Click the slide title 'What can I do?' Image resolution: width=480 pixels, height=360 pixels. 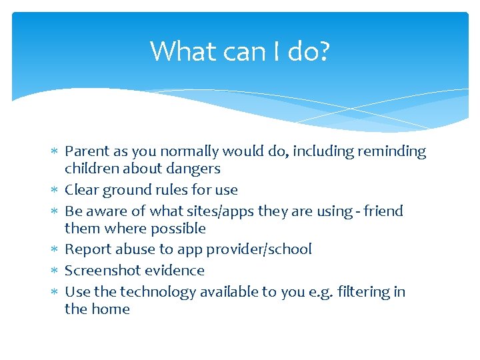coord(239,51)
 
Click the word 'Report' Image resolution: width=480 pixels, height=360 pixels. coord(88,249)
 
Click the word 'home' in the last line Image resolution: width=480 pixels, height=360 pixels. coord(111,309)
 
